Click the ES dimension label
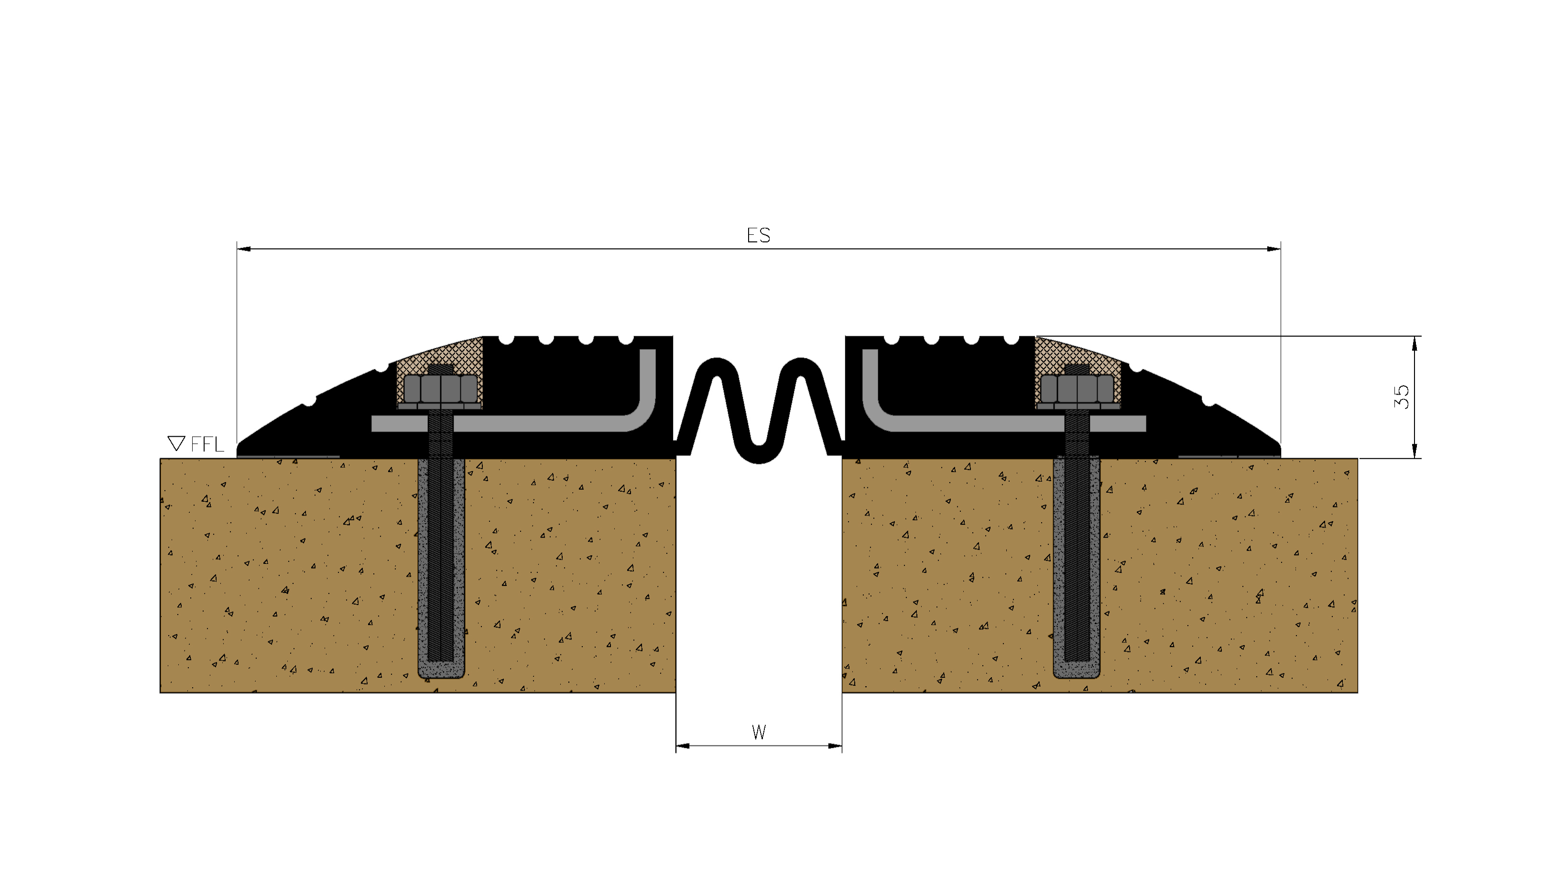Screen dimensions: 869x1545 point(758,235)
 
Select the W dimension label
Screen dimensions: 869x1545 point(759,732)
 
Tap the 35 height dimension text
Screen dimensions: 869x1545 point(1401,396)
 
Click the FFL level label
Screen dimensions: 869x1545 point(207,445)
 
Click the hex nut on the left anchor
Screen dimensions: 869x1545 point(441,389)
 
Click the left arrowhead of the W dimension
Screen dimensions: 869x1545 point(683,746)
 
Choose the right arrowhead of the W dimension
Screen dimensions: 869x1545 point(834,746)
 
